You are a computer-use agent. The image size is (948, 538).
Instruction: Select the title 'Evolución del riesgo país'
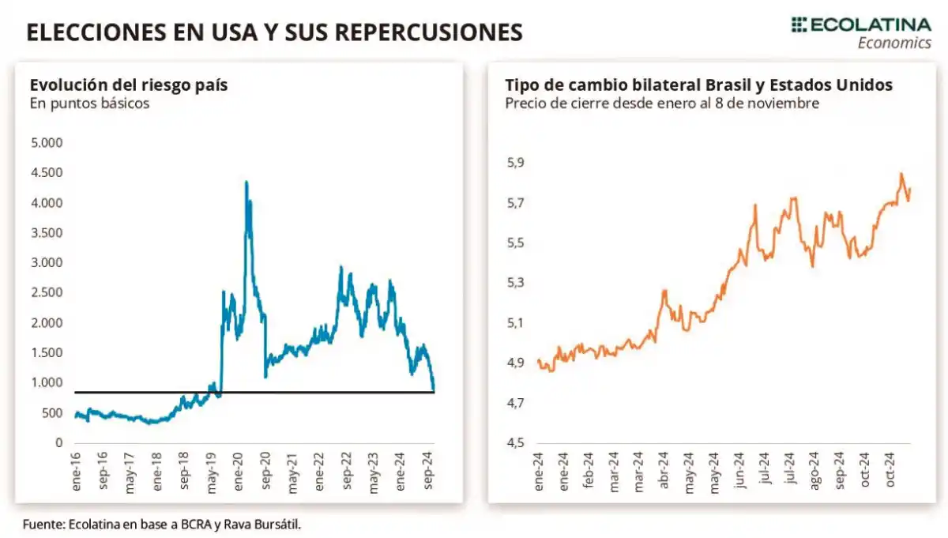tap(128, 85)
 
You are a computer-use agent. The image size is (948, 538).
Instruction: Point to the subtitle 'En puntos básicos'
tap(89, 103)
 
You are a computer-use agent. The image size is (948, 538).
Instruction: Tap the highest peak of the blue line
tap(246, 182)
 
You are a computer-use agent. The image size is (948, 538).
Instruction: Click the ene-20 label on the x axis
tap(239, 473)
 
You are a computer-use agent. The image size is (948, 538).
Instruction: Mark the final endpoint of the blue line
tap(434, 389)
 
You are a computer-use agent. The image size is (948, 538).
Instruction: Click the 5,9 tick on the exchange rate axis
tap(514, 163)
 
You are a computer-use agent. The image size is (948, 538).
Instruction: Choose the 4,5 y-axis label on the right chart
tap(514, 443)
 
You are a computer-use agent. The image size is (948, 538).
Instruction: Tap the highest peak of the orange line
tap(901, 174)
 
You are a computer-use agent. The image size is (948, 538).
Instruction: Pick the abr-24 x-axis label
tap(664, 473)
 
